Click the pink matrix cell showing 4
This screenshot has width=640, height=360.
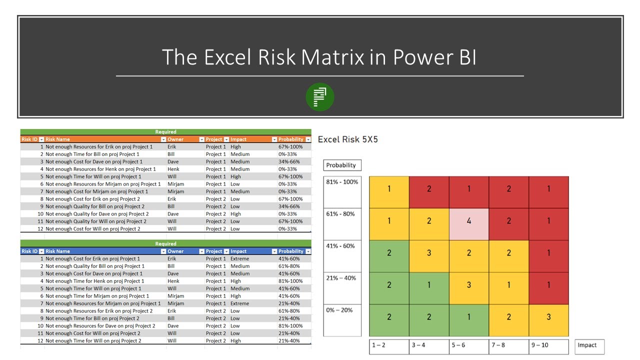pos(468,220)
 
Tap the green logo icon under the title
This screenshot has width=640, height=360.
pos(319,97)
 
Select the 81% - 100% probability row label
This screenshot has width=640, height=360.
pos(342,182)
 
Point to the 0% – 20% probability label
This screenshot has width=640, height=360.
pos(339,310)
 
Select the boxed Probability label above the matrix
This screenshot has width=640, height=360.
pos(341,165)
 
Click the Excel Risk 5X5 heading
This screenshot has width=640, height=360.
pos(348,139)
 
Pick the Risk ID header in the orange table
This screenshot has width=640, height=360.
pos(29,139)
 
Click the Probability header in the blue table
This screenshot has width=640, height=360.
pos(291,251)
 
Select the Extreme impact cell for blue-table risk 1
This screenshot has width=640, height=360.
pos(239,259)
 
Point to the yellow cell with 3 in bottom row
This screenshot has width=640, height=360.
pos(548,316)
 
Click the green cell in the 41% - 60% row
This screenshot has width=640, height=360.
pos(389,252)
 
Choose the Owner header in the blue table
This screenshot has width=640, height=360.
pos(175,251)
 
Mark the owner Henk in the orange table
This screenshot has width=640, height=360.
pos(173,169)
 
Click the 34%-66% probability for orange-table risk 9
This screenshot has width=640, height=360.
pos(289,206)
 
